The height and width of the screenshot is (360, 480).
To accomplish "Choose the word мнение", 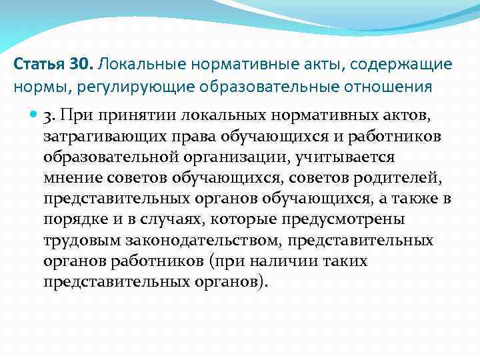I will [x=71, y=179].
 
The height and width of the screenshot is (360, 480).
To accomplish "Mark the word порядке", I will [x=71, y=221].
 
